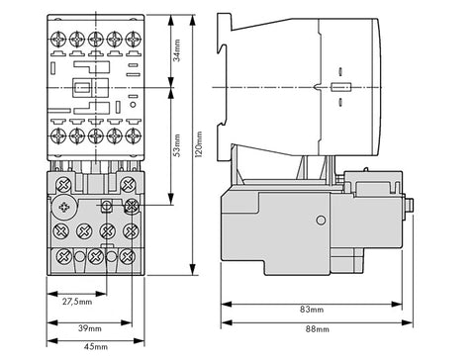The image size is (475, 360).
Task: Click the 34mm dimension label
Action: click(177, 50)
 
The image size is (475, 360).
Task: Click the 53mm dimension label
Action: click(177, 145)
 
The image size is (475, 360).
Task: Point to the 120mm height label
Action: click(198, 144)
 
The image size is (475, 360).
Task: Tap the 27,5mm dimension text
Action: click(77, 302)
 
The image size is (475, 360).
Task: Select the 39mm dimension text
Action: click(90, 328)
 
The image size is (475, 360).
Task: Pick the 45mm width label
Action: click(96, 346)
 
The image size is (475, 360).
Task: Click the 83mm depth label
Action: click(312, 310)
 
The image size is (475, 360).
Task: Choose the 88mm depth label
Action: click(317, 329)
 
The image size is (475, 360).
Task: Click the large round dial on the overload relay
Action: click(64, 208)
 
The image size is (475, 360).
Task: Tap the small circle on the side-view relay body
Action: click(321, 221)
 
